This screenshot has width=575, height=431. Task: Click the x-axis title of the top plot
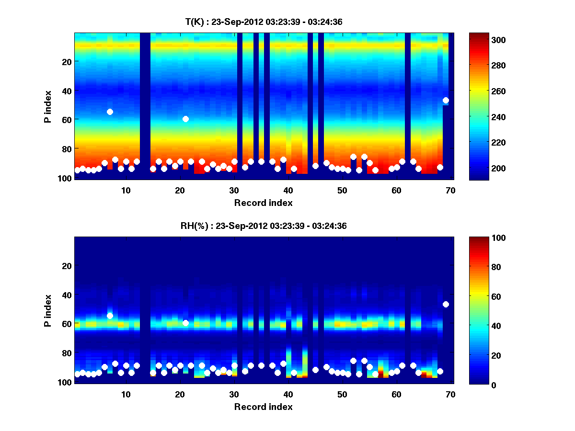[263, 203]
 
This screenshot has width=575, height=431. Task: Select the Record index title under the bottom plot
[263, 407]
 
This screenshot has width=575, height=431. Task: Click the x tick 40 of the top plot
[288, 190]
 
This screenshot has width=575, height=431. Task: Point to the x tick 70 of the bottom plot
[450, 394]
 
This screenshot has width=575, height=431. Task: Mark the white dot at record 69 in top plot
[446, 100]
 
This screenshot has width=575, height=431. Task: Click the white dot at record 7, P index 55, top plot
[110, 112]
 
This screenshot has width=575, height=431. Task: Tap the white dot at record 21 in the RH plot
[185, 323]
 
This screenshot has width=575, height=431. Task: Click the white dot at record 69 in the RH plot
[446, 304]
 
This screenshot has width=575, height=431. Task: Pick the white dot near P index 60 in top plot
[185, 119]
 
